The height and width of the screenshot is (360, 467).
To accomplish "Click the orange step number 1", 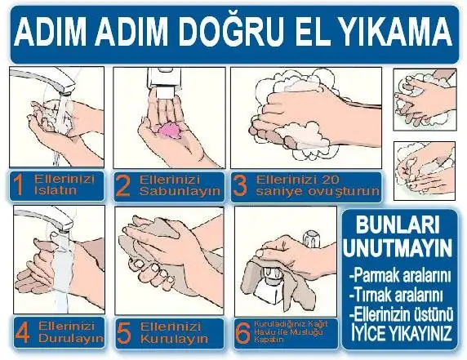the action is (x=20, y=185).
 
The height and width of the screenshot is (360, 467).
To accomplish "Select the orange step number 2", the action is (x=122, y=186).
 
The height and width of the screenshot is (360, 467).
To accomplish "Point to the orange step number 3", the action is (x=240, y=186).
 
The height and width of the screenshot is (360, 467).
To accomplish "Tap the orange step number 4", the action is (x=22, y=332).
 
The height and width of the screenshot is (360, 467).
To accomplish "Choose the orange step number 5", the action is (x=124, y=333).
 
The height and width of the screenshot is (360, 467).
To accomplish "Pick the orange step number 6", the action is (x=242, y=332).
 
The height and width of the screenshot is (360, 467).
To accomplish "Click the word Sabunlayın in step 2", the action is (x=180, y=191).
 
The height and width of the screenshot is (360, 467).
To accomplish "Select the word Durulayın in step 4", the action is (x=71, y=338).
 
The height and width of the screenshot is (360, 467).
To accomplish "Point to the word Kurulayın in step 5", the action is (x=174, y=339).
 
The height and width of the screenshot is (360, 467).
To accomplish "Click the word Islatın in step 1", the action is (x=56, y=190).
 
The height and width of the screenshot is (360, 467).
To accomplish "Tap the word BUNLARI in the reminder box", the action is (x=398, y=225).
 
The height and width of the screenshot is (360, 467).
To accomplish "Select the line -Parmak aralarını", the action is (x=400, y=277).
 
